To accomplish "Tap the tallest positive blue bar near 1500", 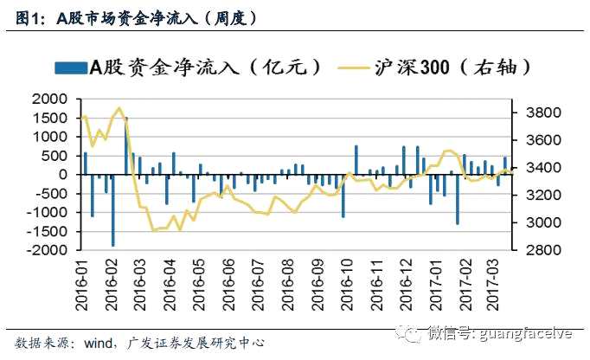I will pyautogui.click(x=126, y=146).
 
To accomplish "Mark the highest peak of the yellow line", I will pyautogui.click(x=119, y=108).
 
